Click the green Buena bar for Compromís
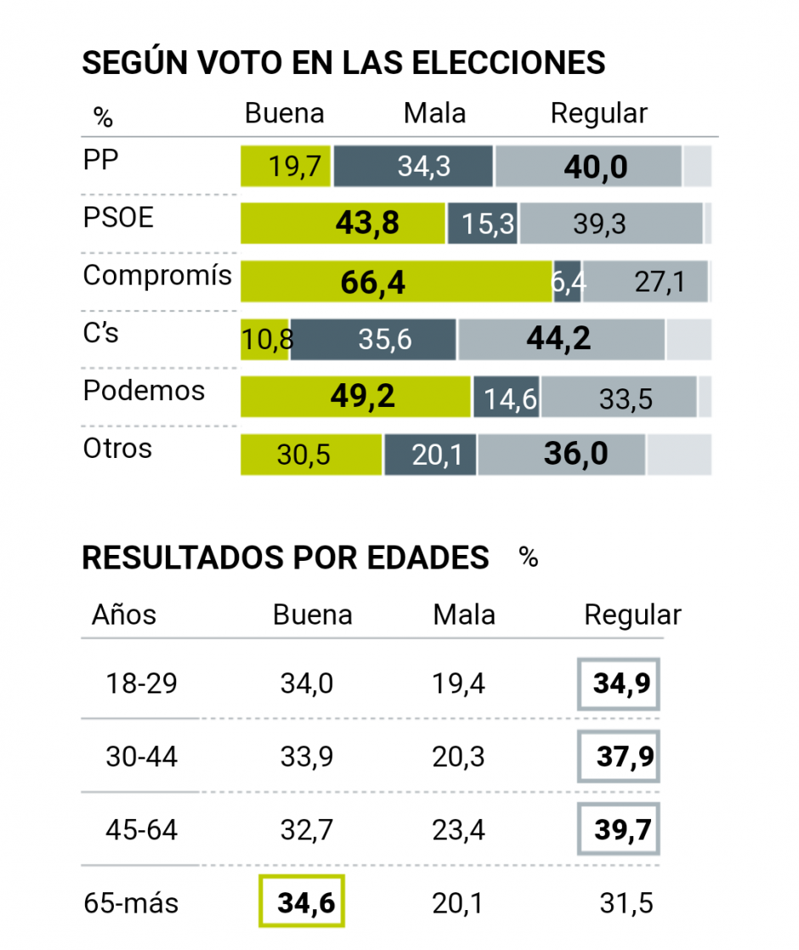pos(396,281)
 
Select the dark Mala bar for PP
pos(413,166)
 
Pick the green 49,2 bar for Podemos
pos(355,397)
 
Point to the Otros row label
pos(117,448)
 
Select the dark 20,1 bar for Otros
pos(430,455)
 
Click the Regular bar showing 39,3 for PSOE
pos(611,223)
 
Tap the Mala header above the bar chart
pos(434,113)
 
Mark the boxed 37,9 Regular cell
pos(618,756)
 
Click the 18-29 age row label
pos(141,683)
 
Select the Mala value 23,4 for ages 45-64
pos(458,829)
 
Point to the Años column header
pos(124,614)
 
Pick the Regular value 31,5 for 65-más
pos(626,902)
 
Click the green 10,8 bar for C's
pos(265,339)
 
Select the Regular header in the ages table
pos(632,615)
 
